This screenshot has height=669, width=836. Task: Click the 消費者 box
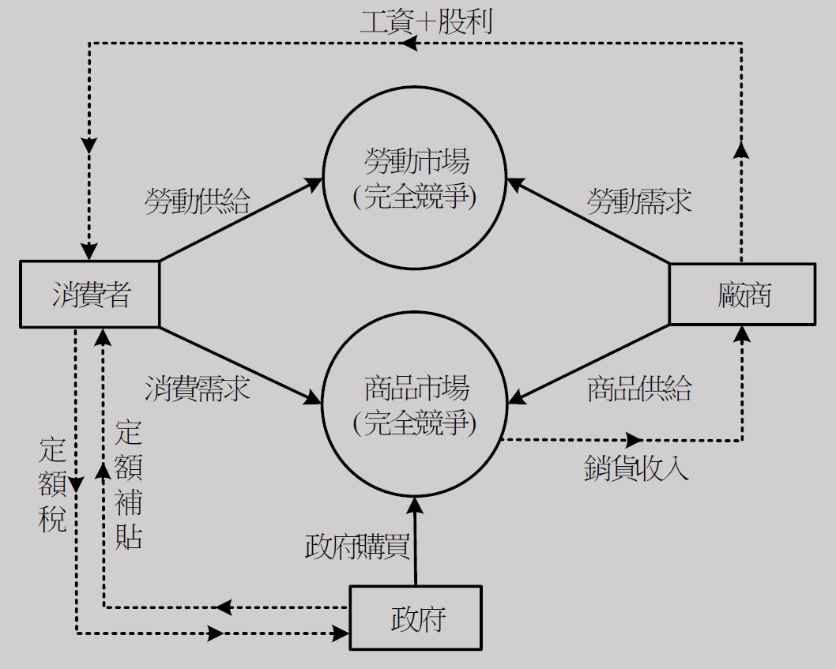point(89,294)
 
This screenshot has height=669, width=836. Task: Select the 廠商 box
point(741,294)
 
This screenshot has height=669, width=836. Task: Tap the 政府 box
point(416,618)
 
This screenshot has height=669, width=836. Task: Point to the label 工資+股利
point(426,21)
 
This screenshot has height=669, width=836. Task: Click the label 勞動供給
point(197,201)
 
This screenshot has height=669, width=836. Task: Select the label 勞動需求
point(638,201)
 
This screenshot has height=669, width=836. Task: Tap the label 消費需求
point(197,389)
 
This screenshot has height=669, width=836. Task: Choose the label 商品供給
point(638,389)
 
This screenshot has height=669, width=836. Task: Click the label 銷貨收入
point(636,468)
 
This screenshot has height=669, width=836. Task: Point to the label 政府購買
point(356,547)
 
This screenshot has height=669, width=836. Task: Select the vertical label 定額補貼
point(129,486)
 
